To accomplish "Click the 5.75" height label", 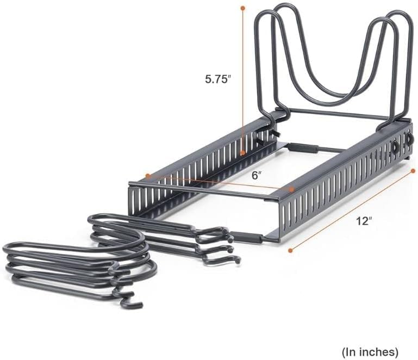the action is [217, 79].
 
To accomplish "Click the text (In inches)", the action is [370, 352].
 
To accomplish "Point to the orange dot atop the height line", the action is [242, 8].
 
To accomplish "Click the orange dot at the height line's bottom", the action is [242, 153].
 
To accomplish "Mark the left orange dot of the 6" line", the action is [148, 176].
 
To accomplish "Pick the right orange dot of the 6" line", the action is [292, 189].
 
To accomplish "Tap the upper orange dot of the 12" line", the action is [413, 171].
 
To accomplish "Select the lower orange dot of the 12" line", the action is [291, 250].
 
